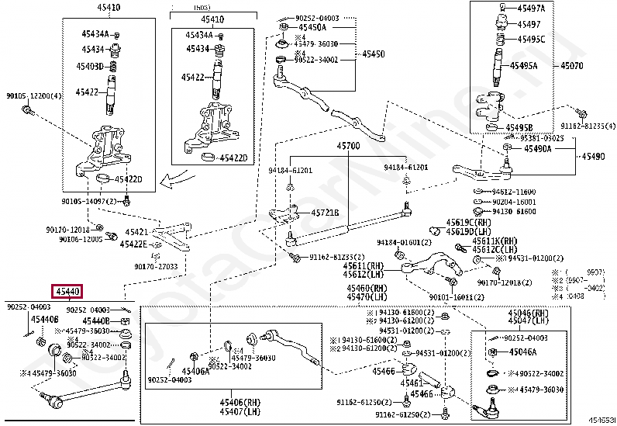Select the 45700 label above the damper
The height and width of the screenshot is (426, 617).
point(347,146)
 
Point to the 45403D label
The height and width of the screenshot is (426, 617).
point(89,67)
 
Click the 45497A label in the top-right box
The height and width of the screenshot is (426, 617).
point(531,8)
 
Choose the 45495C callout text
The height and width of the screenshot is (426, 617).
point(531,40)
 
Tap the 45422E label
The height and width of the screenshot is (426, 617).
point(133,244)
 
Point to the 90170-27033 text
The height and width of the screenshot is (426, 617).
point(156,266)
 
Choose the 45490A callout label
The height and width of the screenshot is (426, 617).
point(537,148)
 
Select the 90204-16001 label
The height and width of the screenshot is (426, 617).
point(514,201)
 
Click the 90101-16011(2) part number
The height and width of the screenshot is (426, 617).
point(461,297)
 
